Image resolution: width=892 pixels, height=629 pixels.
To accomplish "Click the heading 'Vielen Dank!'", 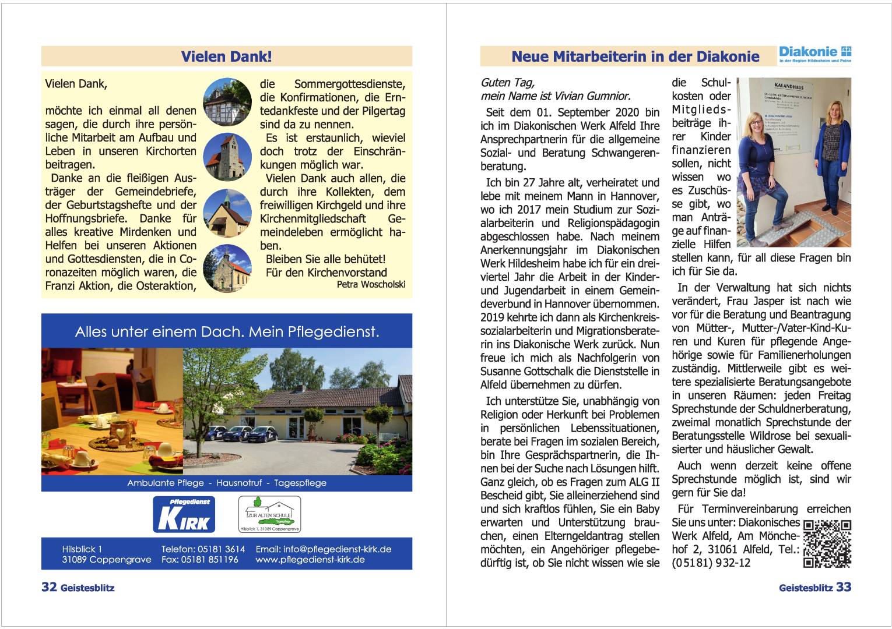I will [x=226, y=56].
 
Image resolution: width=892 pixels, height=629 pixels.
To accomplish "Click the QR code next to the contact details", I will [x=827, y=543].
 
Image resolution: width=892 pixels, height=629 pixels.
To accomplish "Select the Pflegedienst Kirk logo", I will [x=184, y=514].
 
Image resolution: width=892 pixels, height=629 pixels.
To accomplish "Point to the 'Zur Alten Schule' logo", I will [x=269, y=514].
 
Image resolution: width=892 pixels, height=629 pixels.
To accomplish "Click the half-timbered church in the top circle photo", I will [x=227, y=102].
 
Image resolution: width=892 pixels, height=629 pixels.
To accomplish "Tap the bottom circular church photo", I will [x=227, y=268].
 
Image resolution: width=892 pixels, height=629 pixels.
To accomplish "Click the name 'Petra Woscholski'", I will [x=371, y=285].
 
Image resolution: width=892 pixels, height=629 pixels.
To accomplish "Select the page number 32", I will [x=49, y=587].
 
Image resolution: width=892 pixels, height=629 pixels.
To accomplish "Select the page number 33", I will [x=844, y=587].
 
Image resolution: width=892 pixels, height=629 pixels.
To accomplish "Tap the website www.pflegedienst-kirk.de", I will [x=310, y=560].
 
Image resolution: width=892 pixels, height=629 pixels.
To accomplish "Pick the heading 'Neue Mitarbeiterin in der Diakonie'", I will [x=635, y=56].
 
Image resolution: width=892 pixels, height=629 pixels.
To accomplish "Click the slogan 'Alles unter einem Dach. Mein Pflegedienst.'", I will [x=227, y=332].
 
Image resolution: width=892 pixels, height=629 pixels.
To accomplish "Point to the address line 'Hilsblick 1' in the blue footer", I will [x=82, y=549].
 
